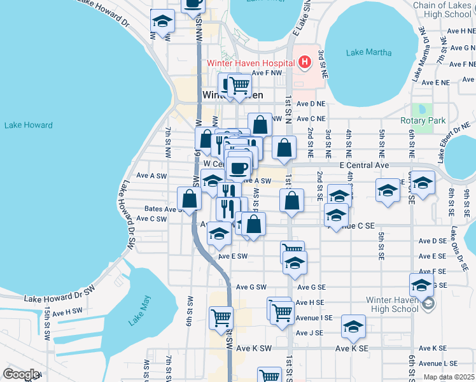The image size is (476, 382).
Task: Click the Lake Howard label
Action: pos(28,125)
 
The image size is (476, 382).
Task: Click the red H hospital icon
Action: pos(305,62)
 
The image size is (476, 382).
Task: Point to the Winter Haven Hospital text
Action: pos(250,63)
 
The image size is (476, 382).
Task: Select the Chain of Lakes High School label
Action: pos(442,10)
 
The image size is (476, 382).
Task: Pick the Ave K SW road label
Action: pos(254,348)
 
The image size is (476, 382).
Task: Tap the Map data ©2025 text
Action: pos(449,377)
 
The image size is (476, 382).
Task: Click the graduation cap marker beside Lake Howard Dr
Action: pos(163,22)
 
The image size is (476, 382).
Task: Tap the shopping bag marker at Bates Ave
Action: pos(190,199)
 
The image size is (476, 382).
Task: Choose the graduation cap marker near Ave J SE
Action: pos(353,328)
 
